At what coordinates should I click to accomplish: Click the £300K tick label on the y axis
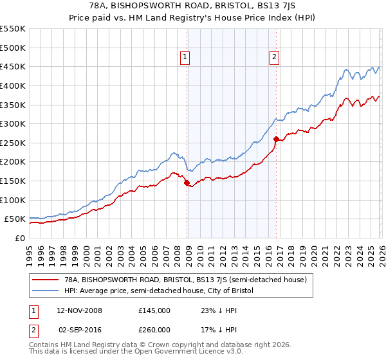(13, 123)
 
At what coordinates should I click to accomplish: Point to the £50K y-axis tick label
(15, 219)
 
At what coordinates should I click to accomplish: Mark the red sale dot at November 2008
(187, 183)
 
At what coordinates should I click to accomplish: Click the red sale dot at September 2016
(276, 139)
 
